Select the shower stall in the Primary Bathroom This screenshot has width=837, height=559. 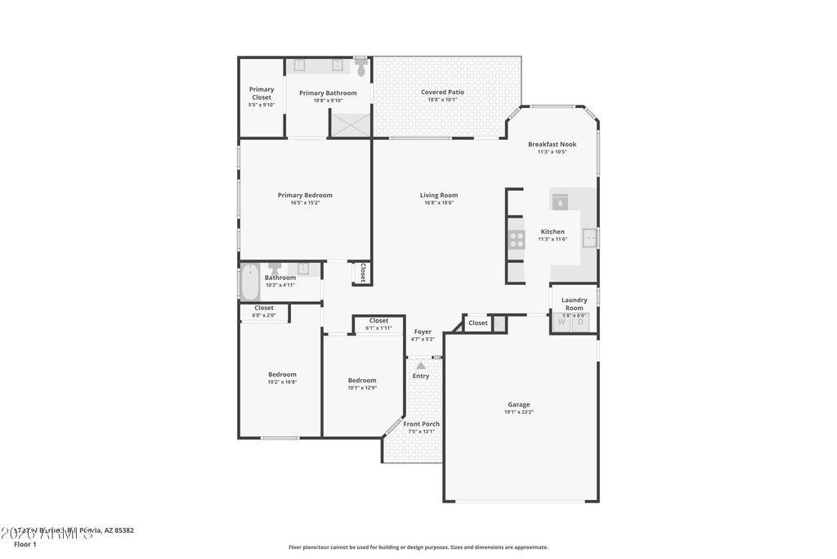point(350,124)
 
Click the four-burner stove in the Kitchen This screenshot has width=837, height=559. point(517,239)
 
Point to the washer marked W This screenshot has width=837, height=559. point(562,322)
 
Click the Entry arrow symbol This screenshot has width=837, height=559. point(421,366)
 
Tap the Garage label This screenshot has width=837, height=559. point(519,404)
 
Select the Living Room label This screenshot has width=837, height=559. point(439,195)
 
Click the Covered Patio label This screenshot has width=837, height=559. point(442,92)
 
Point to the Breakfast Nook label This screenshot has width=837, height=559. point(552,144)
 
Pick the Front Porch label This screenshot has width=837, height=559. point(422,424)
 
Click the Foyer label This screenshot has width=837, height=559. point(423,331)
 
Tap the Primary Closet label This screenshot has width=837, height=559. point(262,93)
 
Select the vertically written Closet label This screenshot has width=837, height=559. point(363,273)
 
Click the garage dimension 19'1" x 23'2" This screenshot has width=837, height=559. point(519,412)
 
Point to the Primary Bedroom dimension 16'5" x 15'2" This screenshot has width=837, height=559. point(305,203)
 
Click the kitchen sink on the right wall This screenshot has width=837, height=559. point(589,238)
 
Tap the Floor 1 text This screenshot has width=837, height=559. point(25,544)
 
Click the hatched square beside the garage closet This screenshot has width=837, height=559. point(499,324)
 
